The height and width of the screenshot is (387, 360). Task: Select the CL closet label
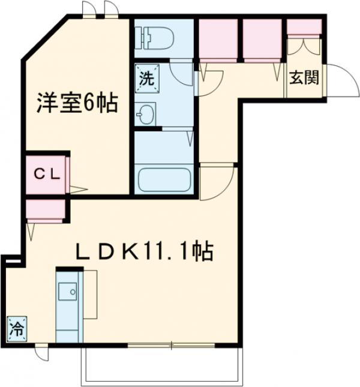(46, 175)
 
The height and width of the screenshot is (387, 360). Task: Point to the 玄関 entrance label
(304, 79)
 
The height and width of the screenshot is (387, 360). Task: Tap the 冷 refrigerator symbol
(17, 329)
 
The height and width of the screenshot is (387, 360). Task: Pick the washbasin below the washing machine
(146, 113)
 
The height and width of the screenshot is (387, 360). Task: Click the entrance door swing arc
(341, 79)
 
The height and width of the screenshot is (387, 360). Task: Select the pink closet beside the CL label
(68, 175)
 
